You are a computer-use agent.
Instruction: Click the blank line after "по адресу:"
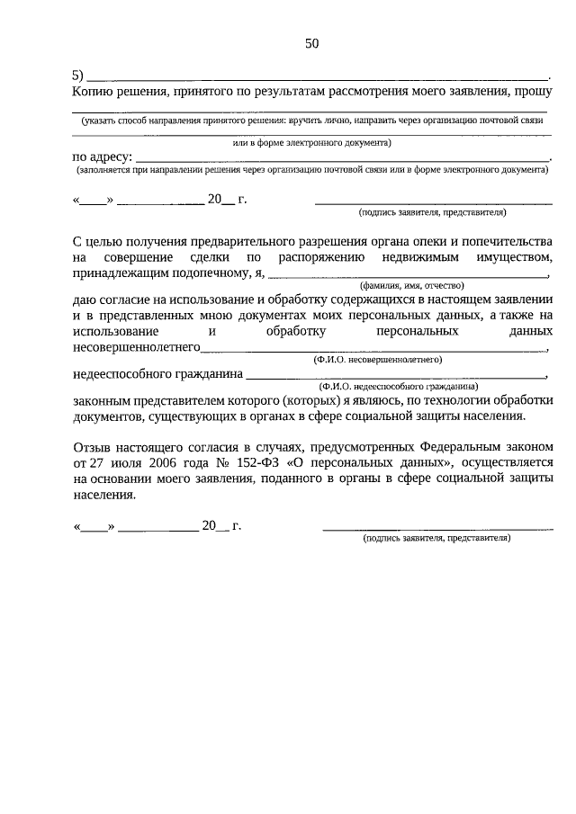342,159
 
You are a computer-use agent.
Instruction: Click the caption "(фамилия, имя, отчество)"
405,285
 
